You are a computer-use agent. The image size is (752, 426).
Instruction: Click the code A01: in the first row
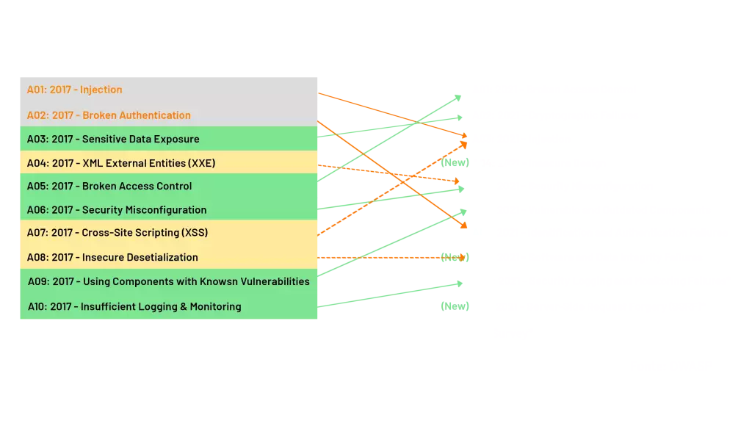click(x=37, y=90)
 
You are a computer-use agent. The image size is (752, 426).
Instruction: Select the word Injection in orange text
click(x=101, y=90)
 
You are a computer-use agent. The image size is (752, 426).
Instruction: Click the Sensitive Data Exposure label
click(x=140, y=139)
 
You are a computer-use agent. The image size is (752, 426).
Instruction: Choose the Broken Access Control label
click(x=137, y=186)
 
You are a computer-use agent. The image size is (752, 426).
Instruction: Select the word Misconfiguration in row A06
click(x=170, y=210)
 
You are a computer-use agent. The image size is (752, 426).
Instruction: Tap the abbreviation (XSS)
click(x=194, y=233)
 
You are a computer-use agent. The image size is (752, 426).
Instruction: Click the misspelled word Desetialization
click(x=162, y=258)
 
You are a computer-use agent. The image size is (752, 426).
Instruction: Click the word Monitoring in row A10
click(x=215, y=306)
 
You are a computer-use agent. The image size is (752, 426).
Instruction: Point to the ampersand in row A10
click(x=183, y=306)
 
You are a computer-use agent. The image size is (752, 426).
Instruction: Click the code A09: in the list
click(x=38, y=281)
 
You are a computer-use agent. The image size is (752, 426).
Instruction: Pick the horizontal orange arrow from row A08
click(x=389, y=258)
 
